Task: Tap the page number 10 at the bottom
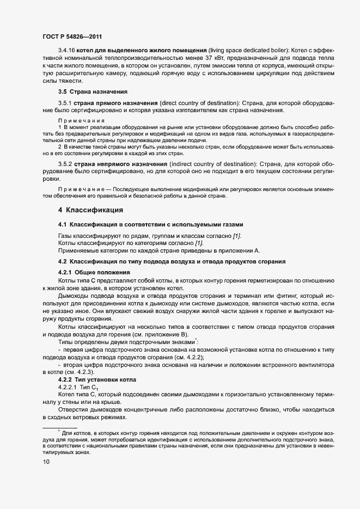pos(46,462)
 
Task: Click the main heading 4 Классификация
pos(90,210)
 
